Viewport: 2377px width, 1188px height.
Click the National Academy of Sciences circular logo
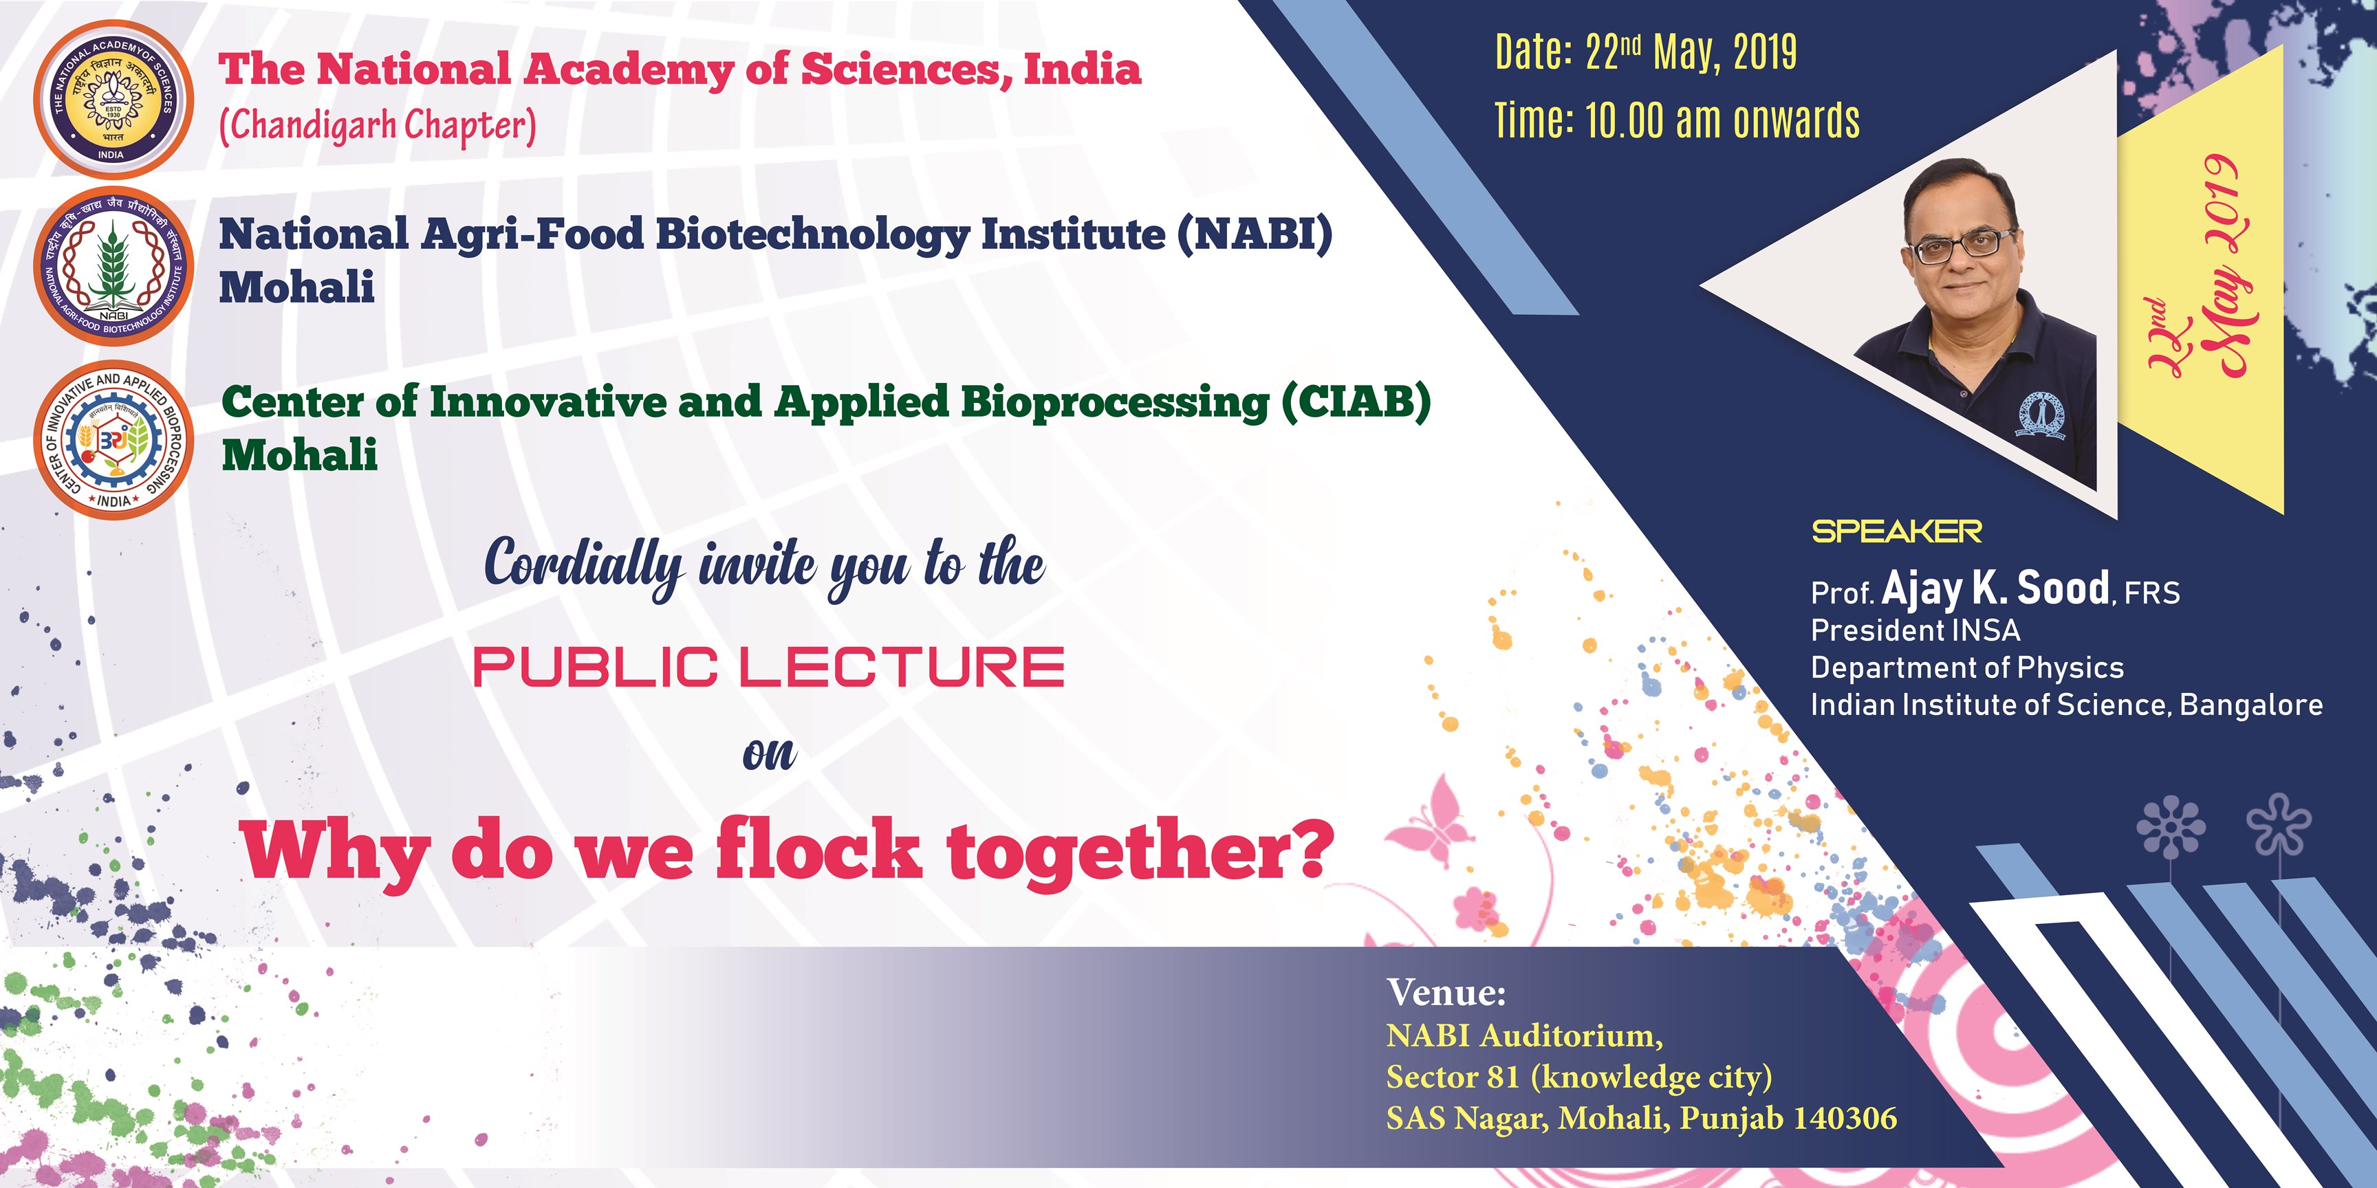tap(113, 99)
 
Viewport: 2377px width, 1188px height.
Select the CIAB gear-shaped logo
tap(113, 440)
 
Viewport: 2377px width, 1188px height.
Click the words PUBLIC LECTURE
tap(769, 666)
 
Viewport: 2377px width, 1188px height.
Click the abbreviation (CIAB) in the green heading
tap(1356, 401)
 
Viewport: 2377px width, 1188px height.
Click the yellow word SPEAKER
tap(1896, 531)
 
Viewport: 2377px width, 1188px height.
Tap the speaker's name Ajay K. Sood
tap(1995, 588)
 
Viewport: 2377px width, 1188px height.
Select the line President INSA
tap(1915, 630)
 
